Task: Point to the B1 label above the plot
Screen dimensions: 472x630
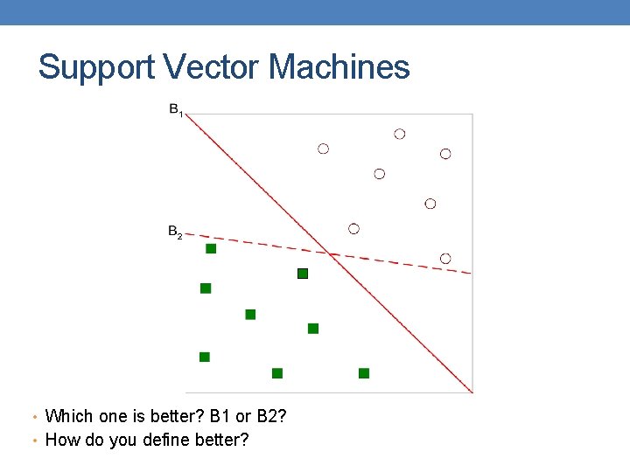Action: (176, 111)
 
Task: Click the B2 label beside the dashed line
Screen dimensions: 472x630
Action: (175, 233)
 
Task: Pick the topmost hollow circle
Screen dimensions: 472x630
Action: (400, 134)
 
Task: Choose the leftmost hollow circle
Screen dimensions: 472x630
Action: (323, 149)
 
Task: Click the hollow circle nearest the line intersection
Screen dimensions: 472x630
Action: (353, 229)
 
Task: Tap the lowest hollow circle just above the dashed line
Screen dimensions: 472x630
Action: (445, 258)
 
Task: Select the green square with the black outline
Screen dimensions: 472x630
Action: (303, 274)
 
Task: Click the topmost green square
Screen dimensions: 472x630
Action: (211, 249)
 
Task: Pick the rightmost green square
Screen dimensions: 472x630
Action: (364, 373)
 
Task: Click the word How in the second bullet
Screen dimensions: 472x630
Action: (60, 440)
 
